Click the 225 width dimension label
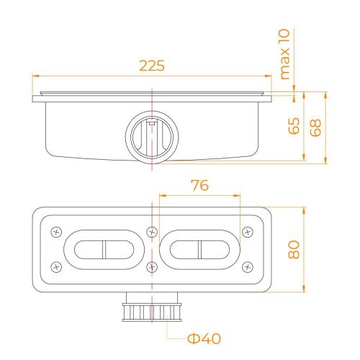pos(152,66)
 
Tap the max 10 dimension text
pos(284,54)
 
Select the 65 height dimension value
pos(294,125)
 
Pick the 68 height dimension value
pos(315,127)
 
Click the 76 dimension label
pos(199,185)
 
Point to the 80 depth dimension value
pos(294,250)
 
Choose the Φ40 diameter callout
pos(204,338)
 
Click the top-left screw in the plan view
pos(57,232)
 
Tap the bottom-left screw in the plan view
pos(57,267)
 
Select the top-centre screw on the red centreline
pos(152,232)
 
